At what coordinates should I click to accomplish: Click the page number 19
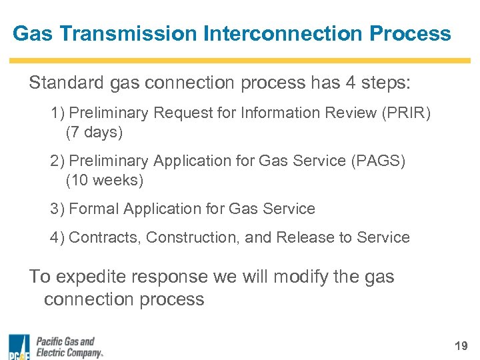[x=461, y=345]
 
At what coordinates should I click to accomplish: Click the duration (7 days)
[x=94, y=132]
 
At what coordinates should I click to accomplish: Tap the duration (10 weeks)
[x=104, y=180]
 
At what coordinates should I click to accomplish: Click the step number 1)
[x=57, y=113]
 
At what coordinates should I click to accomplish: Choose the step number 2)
[x=57, y=161]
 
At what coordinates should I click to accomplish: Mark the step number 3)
[x=57, y=209]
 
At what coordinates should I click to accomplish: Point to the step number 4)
[x=57, y=237]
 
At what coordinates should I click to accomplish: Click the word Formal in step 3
[x=91, y=209]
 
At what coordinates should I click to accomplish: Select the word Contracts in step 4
[x=105, y=237]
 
